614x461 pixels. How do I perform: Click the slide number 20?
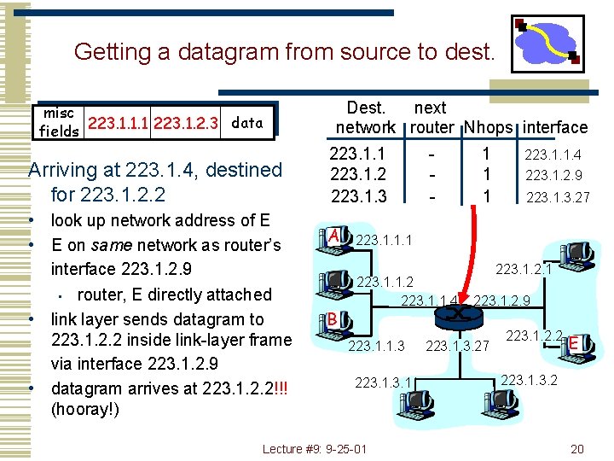point(577,449)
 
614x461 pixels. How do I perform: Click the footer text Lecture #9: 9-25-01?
point(315,449)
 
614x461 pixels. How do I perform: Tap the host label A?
point(335,235)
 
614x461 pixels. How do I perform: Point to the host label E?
point(575,344)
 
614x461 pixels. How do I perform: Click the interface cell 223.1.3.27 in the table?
point(557,197)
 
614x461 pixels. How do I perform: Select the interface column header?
point(555,128)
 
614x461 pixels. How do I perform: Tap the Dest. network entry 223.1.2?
point(357,175)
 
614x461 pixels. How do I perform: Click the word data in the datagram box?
point(247,123)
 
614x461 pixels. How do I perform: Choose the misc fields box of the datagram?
point(59,123)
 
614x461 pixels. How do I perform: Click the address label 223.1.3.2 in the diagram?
point(529,379)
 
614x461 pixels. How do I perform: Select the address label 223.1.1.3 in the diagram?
point(376,346)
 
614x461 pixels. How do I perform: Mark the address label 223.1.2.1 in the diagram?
point(524,270)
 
